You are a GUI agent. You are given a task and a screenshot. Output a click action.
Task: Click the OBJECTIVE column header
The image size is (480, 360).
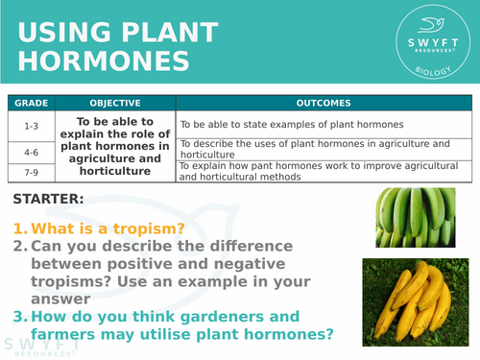click(114, 104)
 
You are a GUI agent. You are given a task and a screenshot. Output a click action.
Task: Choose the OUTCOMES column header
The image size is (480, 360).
click(324, 104)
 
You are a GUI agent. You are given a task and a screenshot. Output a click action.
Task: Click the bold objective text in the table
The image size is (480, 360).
click(114, 147)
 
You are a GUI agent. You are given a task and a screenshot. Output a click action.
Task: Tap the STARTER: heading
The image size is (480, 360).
click(48, 200)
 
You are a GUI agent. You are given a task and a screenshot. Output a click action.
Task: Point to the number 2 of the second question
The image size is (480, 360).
click(19, 247)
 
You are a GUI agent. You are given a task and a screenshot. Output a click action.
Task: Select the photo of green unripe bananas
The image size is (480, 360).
click(414, 217)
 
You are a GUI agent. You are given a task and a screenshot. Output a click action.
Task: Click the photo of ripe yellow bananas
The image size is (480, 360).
click(414, 301)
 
